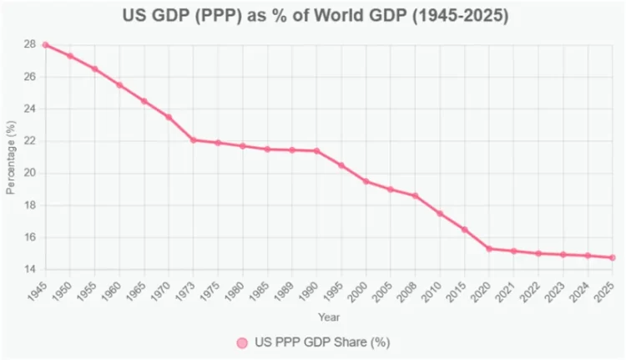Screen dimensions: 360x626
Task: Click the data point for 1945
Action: click(45, 44)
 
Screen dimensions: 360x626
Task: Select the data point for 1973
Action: click(193, 139)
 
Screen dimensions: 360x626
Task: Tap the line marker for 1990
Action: click(316, 150)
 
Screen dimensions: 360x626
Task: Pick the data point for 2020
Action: click(489, 248)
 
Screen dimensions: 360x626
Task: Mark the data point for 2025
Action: click(612, 257)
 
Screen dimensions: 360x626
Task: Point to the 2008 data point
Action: click(415, 195)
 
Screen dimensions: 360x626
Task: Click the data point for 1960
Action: click(119, 84)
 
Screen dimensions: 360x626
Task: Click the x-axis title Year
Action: click(329, 317)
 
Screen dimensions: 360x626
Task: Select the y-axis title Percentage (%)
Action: click(11, 157)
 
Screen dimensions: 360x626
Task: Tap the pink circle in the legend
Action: click(242, 342)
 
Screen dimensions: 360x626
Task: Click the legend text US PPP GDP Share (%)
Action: click(322, 342)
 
